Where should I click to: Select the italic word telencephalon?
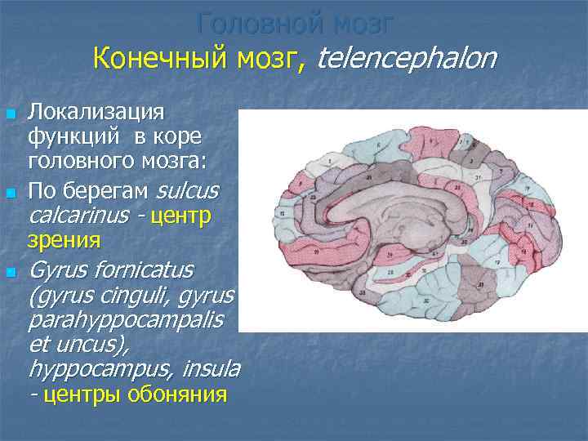pyautogui.click(x=406, y=59)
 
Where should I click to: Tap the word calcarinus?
pyautogui.click(x=78, y=216)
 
